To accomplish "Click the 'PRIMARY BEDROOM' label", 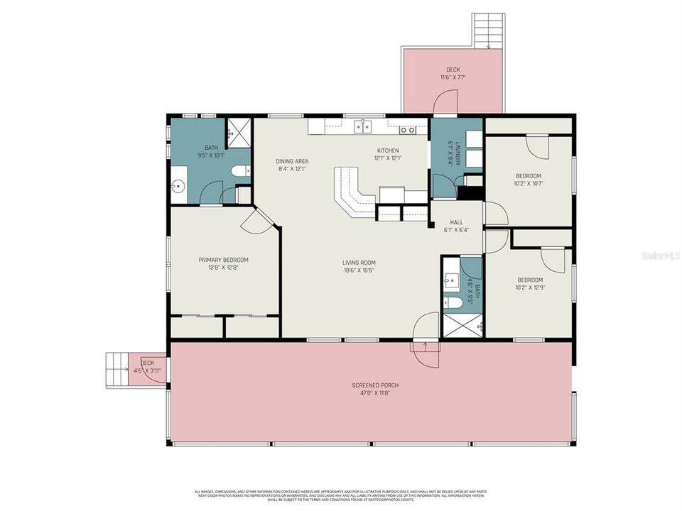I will point(224,260).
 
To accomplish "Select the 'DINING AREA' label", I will point(292,161).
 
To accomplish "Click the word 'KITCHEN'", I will point(388,150).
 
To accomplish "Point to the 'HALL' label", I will point(456,222).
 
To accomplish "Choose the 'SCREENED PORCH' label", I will point(370,385).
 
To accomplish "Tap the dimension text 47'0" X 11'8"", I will point(370,392).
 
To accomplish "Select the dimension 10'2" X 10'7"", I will point(529,183).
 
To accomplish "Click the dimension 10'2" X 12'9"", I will point(530,287).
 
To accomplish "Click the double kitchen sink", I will point(364,127).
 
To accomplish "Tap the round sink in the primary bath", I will point(178,187).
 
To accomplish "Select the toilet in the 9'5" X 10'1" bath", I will point(242,170).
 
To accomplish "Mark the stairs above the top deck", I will point(489,31).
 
